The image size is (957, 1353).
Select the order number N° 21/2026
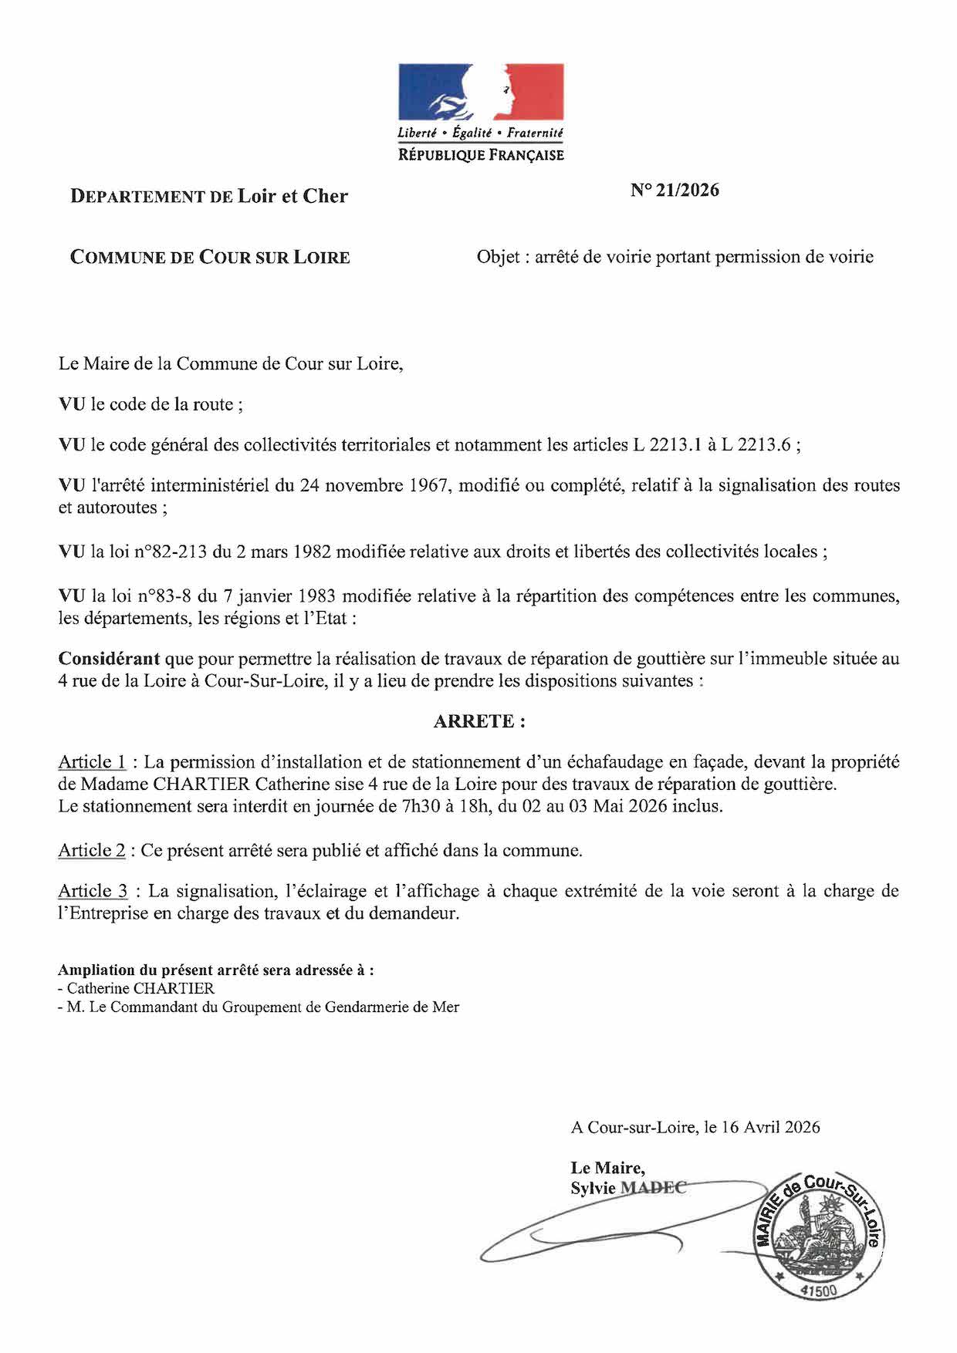coord(675,190)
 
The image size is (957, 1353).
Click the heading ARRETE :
coord(479,721)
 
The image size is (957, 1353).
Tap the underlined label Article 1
coord(92,762)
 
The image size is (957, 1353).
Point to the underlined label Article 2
coord(92,850)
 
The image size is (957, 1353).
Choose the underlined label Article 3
coord(93,891)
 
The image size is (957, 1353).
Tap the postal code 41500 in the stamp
coord(817,1290)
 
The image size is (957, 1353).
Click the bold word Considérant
coord(109,659)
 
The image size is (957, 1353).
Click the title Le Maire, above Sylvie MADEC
coord(607,1169)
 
